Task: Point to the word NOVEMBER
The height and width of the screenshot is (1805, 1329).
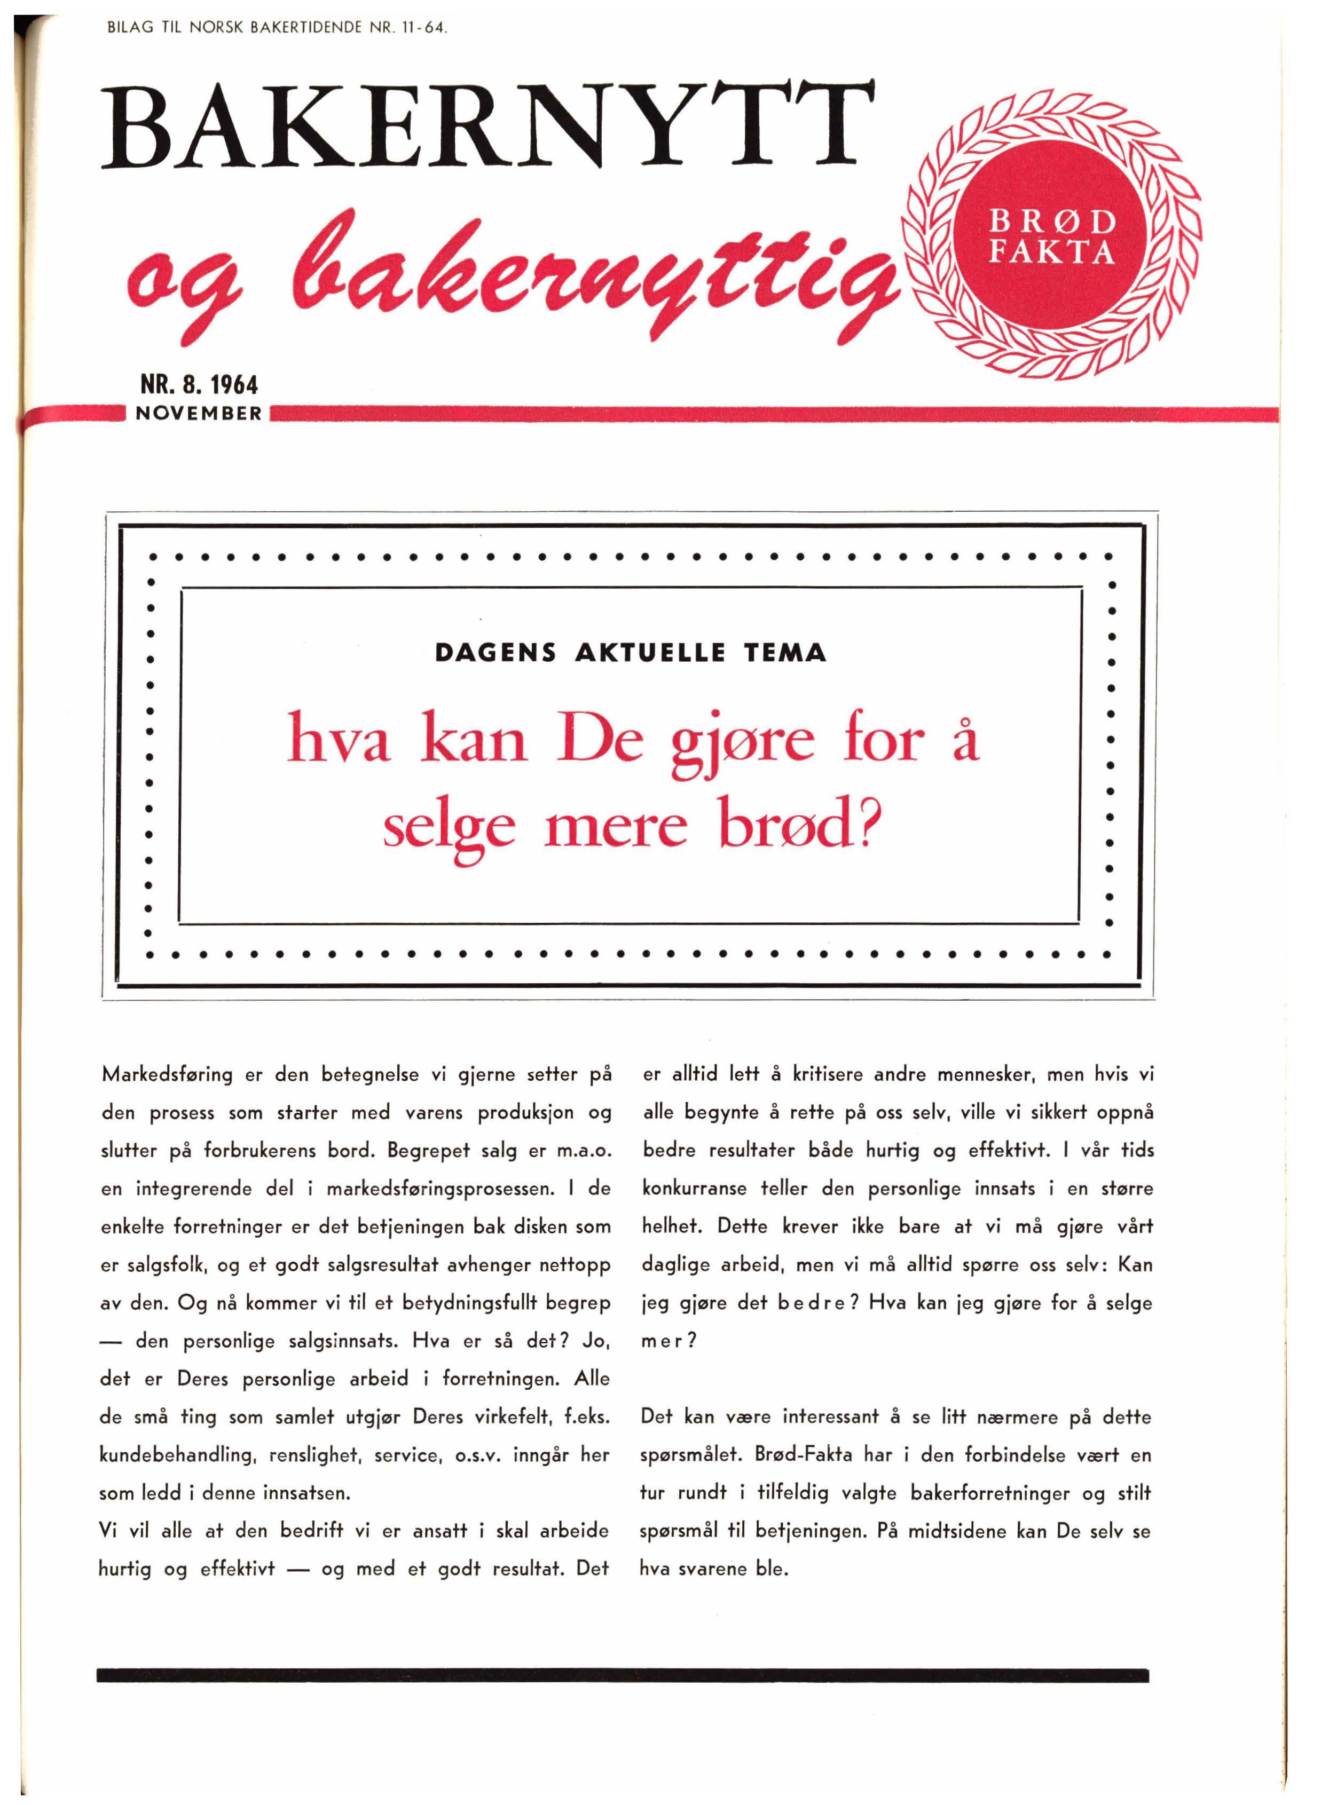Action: [x=199, y=414]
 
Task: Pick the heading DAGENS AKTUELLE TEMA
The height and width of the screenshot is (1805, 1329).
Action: [x=631, y=652]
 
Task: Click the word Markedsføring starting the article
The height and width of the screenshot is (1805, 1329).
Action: [x=167, y=1075]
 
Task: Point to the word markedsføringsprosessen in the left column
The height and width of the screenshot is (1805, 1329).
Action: [x=440, y=1189]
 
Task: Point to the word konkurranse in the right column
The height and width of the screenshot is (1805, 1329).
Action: [x=694, y=1189]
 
